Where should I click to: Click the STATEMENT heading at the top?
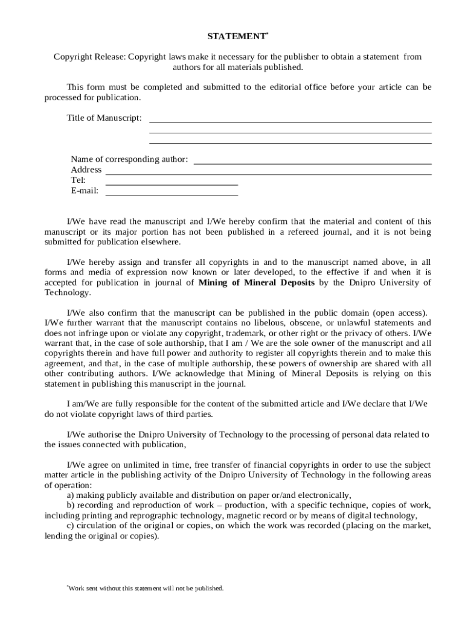[x=237, y=37]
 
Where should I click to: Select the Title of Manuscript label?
[x=104, y=118]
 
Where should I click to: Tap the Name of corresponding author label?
[x=129, y=159]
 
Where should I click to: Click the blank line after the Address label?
[x=268, y=174]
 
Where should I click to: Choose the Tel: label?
[x=78, y=180]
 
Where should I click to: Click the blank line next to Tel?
[x=172, y=184]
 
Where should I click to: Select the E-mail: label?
[x=85, y=191]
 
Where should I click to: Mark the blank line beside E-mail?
[x=172, y=195]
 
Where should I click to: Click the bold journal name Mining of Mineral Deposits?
[x=257, y=282]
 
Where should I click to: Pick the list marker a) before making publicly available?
[x=70, y=495]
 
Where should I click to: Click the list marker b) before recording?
[x=71, y=505]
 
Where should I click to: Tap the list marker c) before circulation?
[x=70, y=526]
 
